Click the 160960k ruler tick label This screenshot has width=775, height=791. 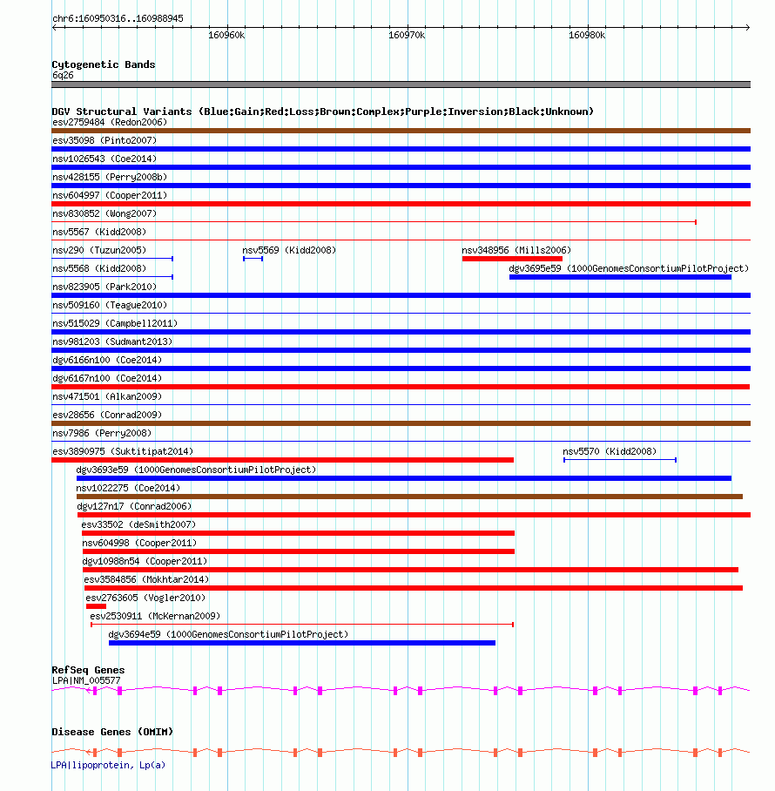pos(226,36)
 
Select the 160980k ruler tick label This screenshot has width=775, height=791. pos(586,36)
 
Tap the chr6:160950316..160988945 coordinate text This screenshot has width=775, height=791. pos(118,18)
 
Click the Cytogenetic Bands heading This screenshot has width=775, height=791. pos(104,64)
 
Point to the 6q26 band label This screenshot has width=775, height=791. pos(63,75)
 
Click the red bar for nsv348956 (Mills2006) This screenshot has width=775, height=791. pos(512,259)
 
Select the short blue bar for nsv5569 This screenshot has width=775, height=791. pos(253,259)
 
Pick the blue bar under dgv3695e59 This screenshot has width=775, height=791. pos(620,277)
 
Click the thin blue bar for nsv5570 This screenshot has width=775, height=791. pos(619,459)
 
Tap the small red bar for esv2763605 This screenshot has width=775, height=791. pos(96,606)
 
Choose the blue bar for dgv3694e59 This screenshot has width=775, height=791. pos(301,643)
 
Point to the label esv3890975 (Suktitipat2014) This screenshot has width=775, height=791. pos(123,451)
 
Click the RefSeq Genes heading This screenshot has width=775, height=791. pos(88,670)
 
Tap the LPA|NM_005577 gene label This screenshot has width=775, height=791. pos(86,679)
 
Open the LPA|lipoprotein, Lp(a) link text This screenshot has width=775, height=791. pos(108,765)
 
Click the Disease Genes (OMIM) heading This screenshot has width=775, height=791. pos(112,731)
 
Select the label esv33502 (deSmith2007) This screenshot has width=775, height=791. pos(138,524)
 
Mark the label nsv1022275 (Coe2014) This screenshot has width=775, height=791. pos(128,488)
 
